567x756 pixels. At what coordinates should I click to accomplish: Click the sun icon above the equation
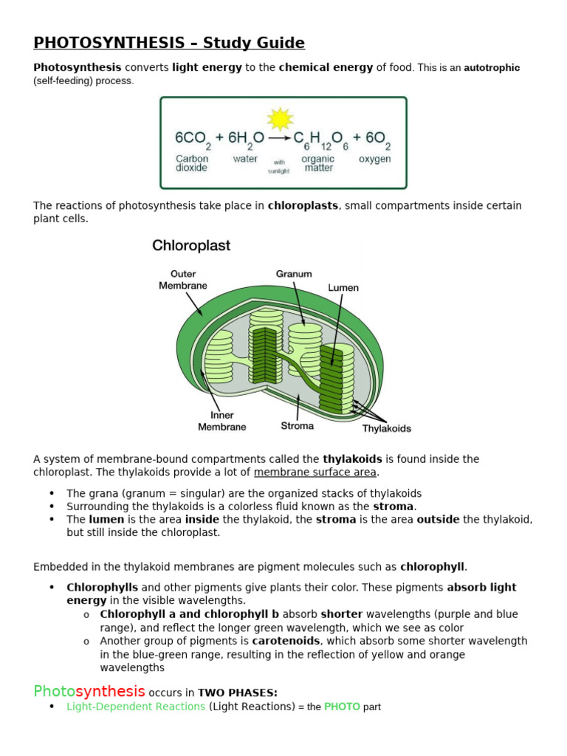pyautogui.click(x=280, y=119)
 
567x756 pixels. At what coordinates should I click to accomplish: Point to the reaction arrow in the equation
pyautogui.click(x=279, y=138)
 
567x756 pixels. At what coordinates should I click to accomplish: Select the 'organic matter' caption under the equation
pyautogui.click(x=318, y=163)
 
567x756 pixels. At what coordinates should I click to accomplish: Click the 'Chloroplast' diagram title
pyautogui.click(x=191, y=246)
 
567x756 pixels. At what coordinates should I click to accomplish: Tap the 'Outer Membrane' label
pyautogui.click(x=182, y=280)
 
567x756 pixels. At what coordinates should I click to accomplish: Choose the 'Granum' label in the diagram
pyautogui.click(x=294, y=274)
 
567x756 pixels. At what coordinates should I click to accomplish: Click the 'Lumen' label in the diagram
pyautogui.click(x=343, y=287)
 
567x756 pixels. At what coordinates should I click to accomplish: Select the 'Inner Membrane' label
pyautogui.click(x=221, y=421)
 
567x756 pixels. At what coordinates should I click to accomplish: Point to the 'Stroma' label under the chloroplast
pyautogui.click(x=297, y=425)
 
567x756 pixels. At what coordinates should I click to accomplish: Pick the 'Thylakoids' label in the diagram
pyautogui.click(x=386, y=428)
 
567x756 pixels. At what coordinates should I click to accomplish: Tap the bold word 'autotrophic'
pyautogui.click(x=492, y=67)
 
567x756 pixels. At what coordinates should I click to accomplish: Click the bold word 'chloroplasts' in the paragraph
pyautogui.click(x=303, y=205)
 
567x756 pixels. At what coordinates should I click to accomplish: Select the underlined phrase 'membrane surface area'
pyautogui.click(x=315, y=472)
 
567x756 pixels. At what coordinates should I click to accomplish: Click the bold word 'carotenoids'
pyautogui.click(x=286, y=641)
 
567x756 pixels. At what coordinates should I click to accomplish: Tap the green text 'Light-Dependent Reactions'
pyautogui.click(x=136, y=707)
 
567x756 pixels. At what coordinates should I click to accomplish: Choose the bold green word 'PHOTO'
pyautogui.click(x=342, y=707)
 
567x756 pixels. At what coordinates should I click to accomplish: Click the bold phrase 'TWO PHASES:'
pyautogui.click(x=238, y=693)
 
